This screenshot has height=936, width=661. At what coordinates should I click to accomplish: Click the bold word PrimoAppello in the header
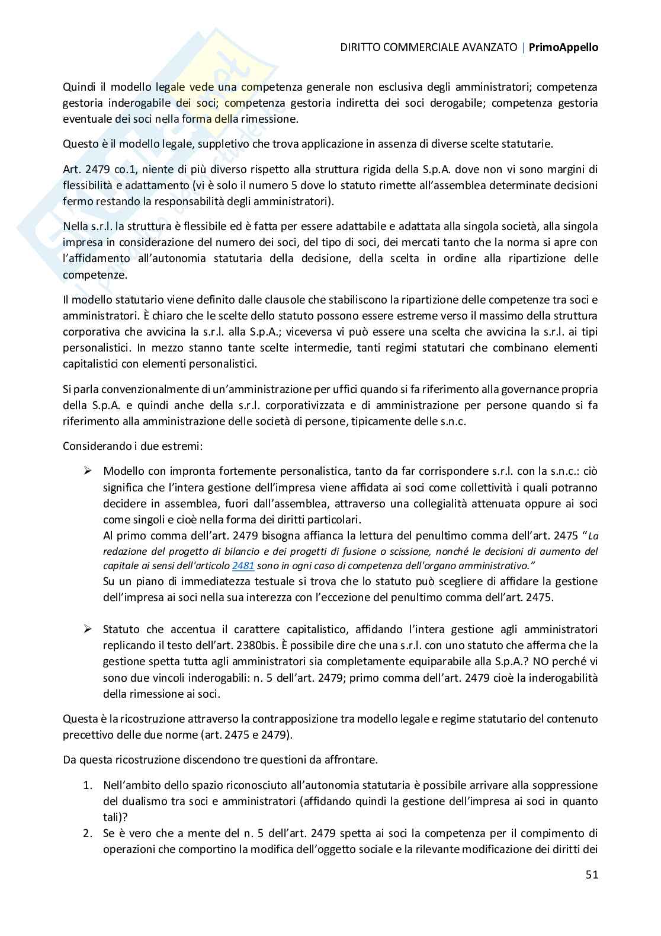pos(563,47)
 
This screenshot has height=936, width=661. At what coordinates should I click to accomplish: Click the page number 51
pos(592,874)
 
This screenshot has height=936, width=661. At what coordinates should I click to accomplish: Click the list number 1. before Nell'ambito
pos(87,785)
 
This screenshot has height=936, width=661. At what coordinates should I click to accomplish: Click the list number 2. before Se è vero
pos(87,833)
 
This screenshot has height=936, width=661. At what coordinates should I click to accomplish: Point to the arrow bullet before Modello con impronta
pos(88,471)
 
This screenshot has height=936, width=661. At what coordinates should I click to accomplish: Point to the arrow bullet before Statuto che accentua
pos(88,629)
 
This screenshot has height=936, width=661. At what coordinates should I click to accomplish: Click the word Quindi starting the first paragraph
pos(78,87)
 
